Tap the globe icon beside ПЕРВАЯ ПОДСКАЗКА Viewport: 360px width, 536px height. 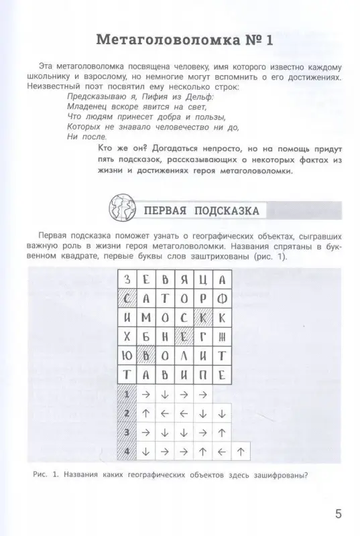pyautogui.click(x=119, y=210)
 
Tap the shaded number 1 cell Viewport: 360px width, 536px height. pyautogui.click(x=127, y=394)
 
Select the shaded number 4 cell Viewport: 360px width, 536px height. pyautogui.click(x=127, y=452)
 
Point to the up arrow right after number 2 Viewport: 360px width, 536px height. pyautogui.click(x=146, y=413)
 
